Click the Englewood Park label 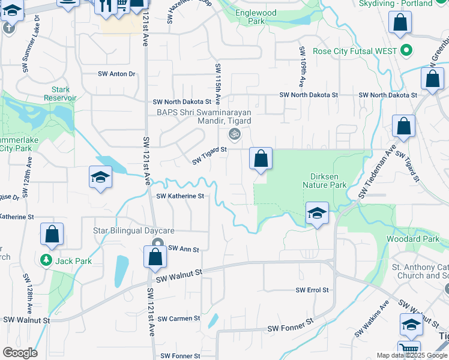[x=256, y=17]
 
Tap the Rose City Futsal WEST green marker [x=406, y=51]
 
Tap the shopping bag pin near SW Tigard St [x=261, y=160]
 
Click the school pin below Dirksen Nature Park [x=317, y=213]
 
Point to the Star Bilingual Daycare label [x=133, y=231]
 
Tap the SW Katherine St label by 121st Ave [x=181, y=196]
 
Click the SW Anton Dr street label [x=117, y=74]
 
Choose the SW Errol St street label [x=312, y=290]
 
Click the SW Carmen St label [x=180, y=319]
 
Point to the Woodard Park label [x=421, y=239]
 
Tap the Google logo [x=20, y=353]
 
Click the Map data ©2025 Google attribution [x=412, y=355]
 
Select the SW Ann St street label [x=183, y=248]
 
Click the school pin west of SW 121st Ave [x=101, y=178]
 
